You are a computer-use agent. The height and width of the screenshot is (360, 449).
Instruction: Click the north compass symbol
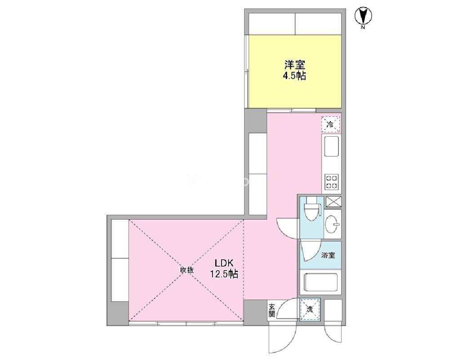pos(363,16)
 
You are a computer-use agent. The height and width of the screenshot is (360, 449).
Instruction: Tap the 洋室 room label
pos(295,65)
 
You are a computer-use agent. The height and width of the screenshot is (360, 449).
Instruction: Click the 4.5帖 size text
pos(295,76)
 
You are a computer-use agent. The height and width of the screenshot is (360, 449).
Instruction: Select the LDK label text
pos(225,263)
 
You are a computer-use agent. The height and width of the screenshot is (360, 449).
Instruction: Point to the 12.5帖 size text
pos(224,274)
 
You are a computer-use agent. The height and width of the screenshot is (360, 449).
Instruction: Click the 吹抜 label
pos(187,270)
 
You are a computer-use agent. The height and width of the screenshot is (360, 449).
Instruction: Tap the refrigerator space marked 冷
pos(331,124)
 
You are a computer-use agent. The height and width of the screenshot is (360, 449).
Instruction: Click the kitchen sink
pos(331,147)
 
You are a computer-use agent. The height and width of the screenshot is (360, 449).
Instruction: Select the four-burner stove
pos(332,182)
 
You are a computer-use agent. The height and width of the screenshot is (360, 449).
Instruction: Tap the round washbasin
pos(333,224)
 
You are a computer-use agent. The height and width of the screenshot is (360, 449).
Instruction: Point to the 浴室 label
pos(328,255)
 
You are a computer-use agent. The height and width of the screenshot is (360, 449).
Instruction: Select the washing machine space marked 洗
pos(310,309)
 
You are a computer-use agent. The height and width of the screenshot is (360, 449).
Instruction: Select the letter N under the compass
pos(363,28)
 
